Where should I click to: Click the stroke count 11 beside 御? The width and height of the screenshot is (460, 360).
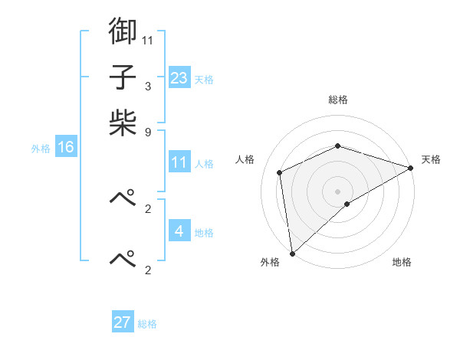(x=147, y=38)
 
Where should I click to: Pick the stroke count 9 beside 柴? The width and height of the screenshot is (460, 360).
(x=147, y=131)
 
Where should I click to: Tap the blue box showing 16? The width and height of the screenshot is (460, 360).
(x=66, y=147)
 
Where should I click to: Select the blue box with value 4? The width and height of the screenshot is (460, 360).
(x=179, y=231)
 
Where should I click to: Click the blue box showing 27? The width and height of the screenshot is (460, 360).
(x=123, y=322)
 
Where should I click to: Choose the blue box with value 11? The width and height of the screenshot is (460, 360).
(x=179, y=162)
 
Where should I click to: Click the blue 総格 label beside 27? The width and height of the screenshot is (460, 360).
(x=147, y=324)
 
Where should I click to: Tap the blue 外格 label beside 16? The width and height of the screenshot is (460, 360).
(x=41, y=149)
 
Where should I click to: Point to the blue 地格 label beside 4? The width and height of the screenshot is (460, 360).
(x=204, y=232)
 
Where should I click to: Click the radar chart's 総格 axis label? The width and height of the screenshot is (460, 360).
(x=337, y=100)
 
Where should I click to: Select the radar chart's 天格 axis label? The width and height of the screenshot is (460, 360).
(x=431, y=159)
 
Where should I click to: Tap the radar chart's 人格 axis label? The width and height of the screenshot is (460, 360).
(x=245, y=159)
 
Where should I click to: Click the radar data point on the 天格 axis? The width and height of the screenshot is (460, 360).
(x=411, y=168)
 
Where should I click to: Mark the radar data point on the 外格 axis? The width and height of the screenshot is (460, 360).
(x=292, y=253)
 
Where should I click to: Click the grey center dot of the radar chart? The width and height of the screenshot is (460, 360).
(x=337, y=191)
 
